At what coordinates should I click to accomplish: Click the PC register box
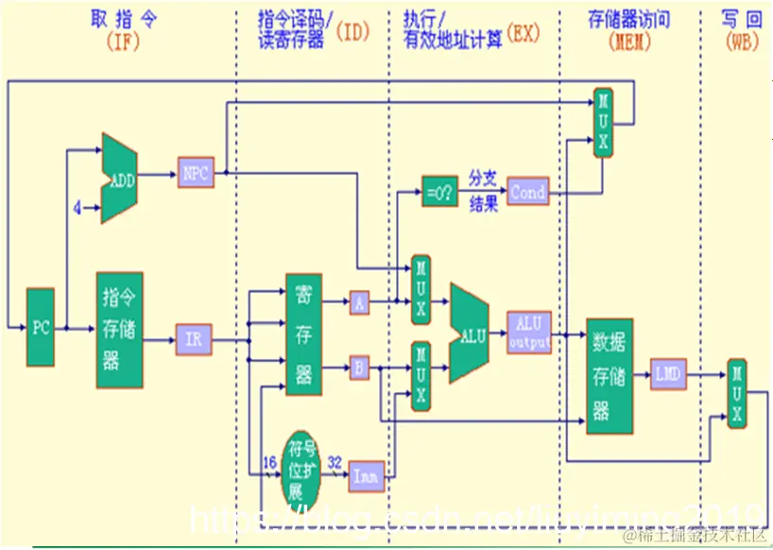pos(41,328)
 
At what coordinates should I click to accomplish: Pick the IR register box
pos(193,337)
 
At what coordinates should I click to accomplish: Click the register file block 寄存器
pos(303,335)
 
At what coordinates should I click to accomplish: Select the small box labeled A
pos(359,302)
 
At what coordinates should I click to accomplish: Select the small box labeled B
pos(359,367)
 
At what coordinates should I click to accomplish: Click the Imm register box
pos(366,476)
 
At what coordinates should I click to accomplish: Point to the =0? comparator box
pos(438,192)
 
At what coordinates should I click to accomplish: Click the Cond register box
pos(527,192)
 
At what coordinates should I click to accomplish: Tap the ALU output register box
pos(529,333)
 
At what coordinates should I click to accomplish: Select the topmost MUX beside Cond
pos(603,122)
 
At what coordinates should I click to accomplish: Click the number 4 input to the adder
pos(77,205)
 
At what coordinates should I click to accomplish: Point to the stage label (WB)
pos(742,41)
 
